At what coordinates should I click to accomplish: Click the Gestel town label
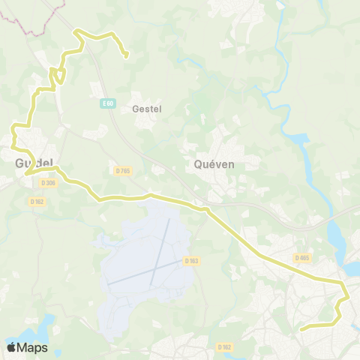point(147,109)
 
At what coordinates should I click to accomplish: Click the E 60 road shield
point(108,104)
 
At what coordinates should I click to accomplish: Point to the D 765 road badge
point(123,170)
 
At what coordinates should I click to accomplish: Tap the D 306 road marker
point(48,182)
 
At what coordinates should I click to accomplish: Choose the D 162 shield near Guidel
point(37,201)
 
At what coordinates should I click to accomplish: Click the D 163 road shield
point(190,261)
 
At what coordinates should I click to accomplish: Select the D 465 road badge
point(301,258)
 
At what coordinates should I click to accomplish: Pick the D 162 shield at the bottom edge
point(224,346)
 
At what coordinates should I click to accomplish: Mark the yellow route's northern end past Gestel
point(127,55)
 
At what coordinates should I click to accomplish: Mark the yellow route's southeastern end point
point(301,328)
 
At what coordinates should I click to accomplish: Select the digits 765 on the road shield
point(125,170)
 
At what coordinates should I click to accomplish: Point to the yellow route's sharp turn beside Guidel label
point(26,173)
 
